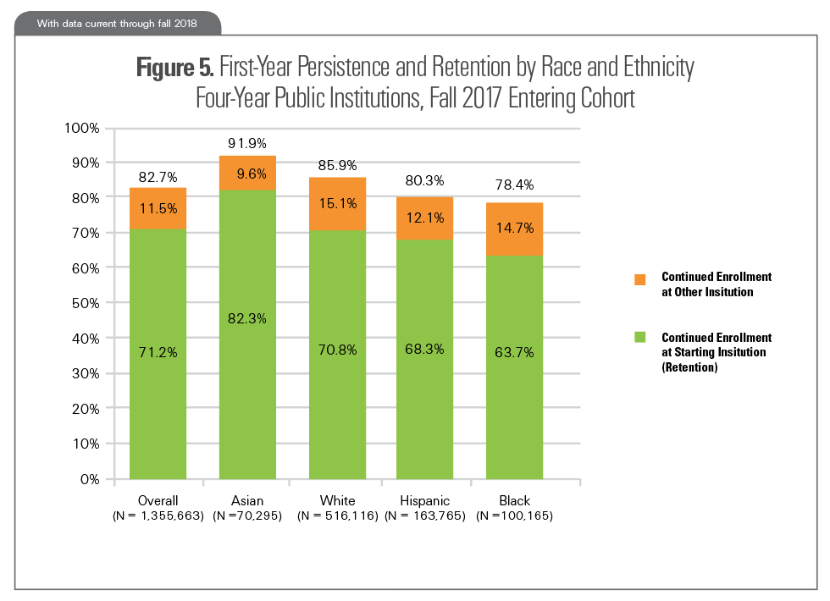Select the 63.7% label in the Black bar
pyautogui.click(x=515, y=352)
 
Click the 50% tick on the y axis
pyautogui.click(x=85, y=303)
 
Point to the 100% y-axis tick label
pyautogui.click(x=82, y=128)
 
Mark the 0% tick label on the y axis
pyautogui.click(x=89, y=479)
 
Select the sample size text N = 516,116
pyautogui.click(x=338, y=515)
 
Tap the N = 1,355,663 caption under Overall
pyautogui.click(x=158, y=515)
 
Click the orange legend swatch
pyautogui.click(x=640, y=278)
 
